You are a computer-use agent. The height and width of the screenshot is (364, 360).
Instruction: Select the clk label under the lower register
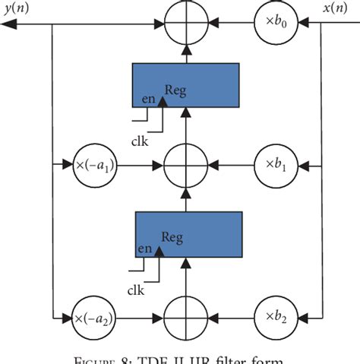(x=137, y=290)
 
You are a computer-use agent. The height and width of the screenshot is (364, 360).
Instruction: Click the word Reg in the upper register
(x=175, y=90)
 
